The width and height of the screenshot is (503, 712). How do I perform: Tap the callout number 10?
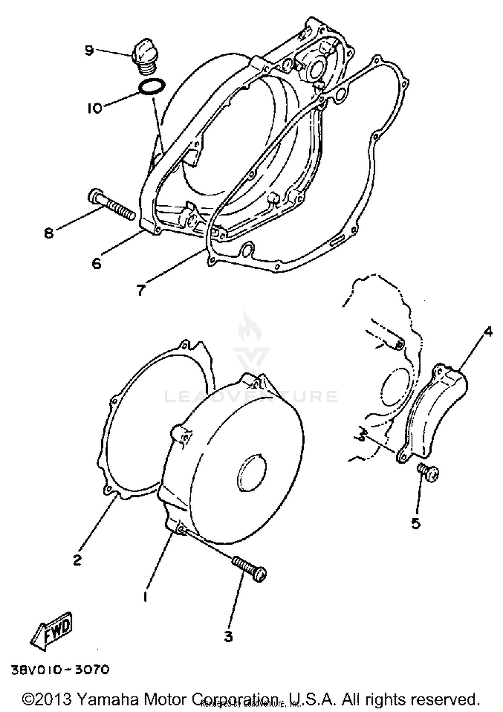pyautogui.click(x=94, y=108)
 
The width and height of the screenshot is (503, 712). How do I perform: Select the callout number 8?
pyautogui.click(x=49, y=233)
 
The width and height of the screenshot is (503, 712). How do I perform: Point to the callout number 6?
pyautogui.click(x=96, y=264)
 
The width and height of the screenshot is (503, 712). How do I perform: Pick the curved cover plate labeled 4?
pyautogui.click(x=436, y=413)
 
